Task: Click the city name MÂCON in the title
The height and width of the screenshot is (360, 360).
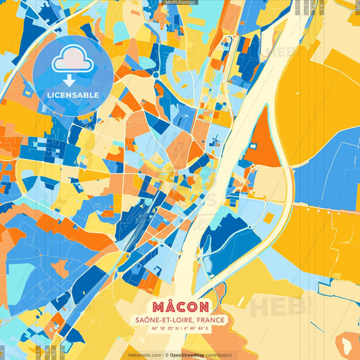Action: click(180, 307)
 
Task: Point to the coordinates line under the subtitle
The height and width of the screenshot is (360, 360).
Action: click(180, 329)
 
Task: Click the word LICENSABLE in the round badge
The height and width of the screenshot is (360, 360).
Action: click(73, 95)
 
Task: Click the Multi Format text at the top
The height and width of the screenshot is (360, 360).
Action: click(180, 3)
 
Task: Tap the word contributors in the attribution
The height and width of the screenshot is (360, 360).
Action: click(220, 355)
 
